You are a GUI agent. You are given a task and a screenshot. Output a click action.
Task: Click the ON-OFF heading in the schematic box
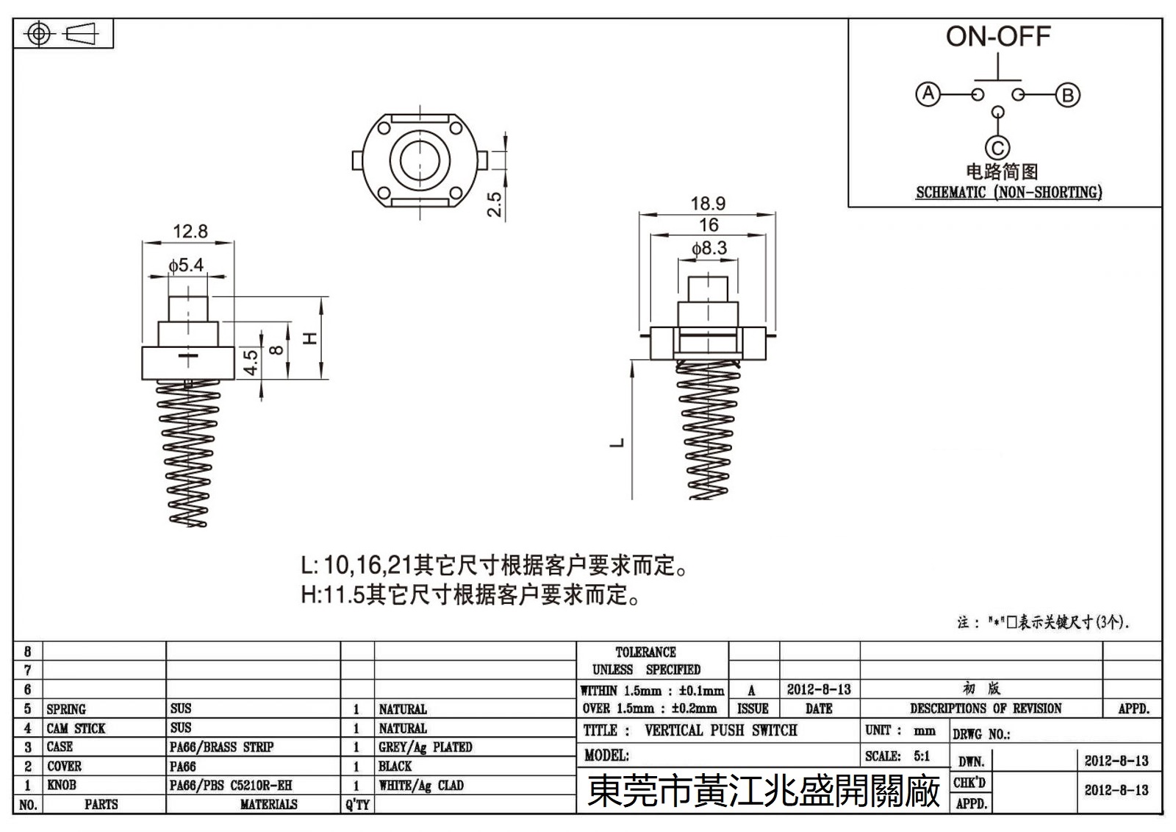point(997,37)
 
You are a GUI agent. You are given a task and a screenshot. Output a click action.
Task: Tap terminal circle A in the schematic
point(928,94)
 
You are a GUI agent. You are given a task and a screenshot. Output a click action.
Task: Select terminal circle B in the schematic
point(1067,95)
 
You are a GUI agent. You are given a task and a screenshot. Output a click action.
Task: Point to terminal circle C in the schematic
point(997,149)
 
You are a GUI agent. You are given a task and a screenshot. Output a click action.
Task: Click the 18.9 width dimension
point(707,203)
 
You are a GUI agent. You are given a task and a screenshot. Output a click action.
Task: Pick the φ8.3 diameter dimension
point(709,249)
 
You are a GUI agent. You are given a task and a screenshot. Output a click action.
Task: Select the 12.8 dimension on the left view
point(190,232)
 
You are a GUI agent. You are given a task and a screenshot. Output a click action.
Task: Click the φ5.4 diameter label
point(185,266)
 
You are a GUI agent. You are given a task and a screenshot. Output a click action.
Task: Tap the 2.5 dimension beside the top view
point(495,204)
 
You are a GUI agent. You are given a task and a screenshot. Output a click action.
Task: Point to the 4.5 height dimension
point(251,362)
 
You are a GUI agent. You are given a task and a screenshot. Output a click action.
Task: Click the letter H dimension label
point(310,338)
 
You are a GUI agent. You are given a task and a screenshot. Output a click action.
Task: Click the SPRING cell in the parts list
point(66,709)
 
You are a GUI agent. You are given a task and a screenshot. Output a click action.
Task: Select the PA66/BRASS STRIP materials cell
point(221,747)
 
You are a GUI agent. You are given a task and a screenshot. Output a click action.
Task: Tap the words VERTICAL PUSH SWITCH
point(720,730)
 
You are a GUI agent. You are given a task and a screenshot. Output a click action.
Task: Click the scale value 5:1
point(921,756)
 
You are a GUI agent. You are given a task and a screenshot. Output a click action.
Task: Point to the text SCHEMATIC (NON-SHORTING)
point(1008,193)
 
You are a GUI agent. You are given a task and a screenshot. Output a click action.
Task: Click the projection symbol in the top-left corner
point(62,34)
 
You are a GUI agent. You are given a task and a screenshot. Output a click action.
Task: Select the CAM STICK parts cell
point(76,728)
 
